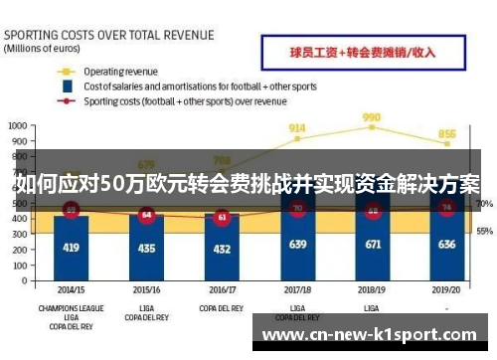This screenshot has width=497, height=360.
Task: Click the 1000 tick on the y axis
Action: [17, 126]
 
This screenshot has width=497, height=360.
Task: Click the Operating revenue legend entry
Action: [121, 72]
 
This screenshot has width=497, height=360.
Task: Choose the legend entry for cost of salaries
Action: [199, 87]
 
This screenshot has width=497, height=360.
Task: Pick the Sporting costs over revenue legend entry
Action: [185, 100]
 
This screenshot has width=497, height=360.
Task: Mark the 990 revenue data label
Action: [372, 115]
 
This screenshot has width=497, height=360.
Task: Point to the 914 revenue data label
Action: [297, 127]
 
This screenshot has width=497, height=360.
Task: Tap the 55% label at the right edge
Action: [484, 231]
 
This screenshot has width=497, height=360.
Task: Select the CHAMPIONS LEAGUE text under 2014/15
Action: [71, 308]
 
